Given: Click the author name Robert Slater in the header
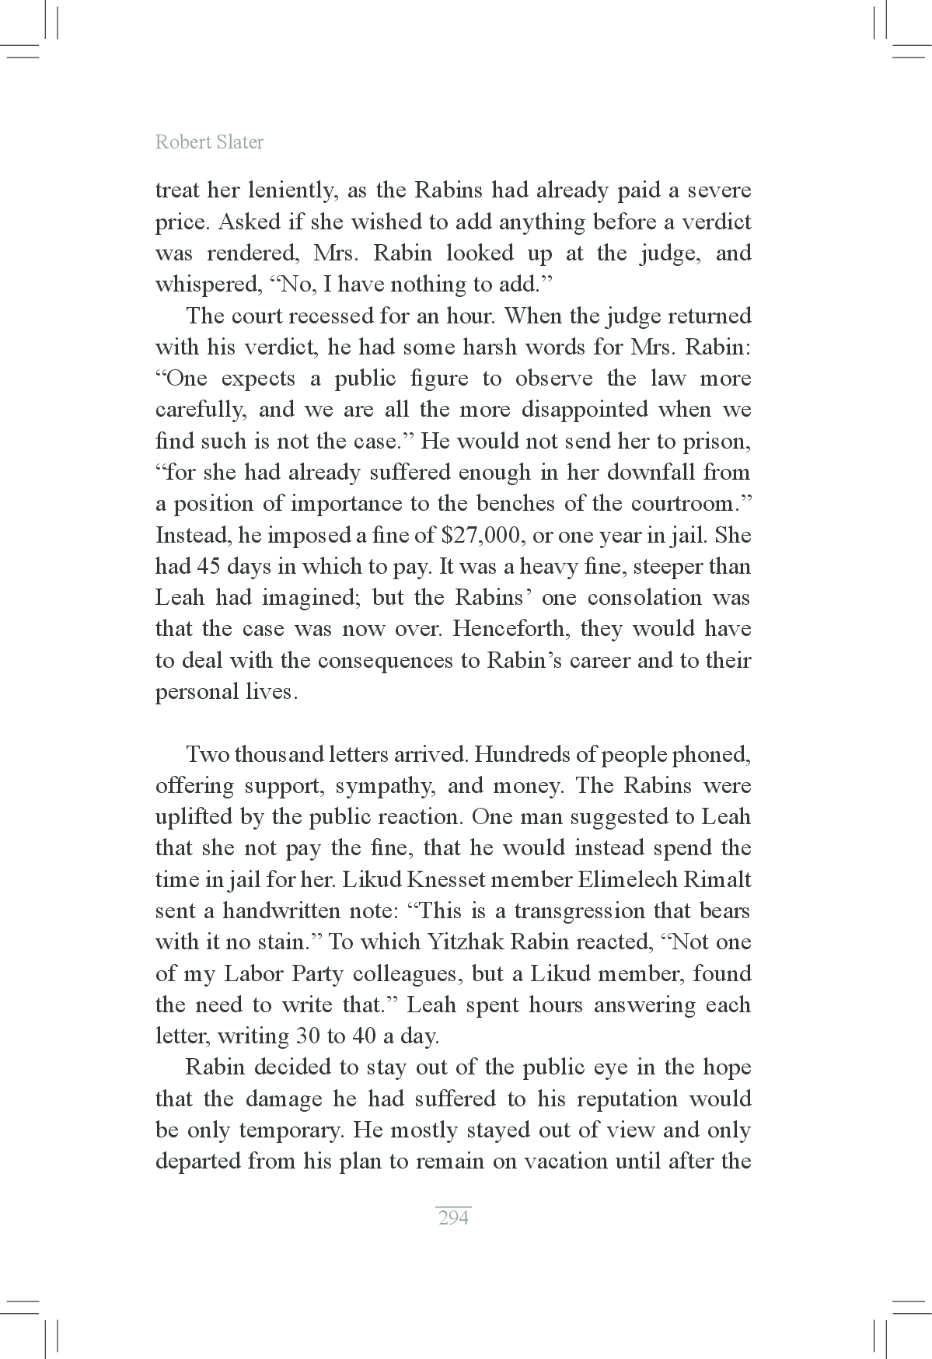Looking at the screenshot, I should (x=209, y=142).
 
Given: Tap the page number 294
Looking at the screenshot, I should (x=453, y=1218).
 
